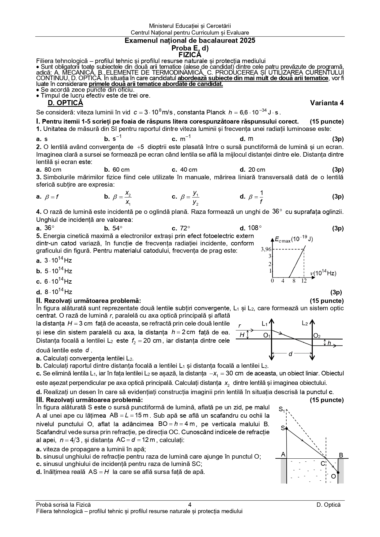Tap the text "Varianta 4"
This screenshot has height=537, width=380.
[x=327, y=103]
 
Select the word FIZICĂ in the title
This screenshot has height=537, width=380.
[x=190, y=55]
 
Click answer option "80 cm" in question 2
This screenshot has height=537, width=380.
[x=53, y=170]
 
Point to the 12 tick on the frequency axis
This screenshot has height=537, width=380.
[x=303, y=281]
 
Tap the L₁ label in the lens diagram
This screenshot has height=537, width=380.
[x=265, y=323]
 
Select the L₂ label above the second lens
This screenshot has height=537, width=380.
[x=305, y=323]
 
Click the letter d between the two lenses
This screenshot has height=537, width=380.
[x=291, y=354]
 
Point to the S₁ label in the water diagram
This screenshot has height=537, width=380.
[x=282, y=410]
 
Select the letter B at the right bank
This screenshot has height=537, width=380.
[x=341, y=455]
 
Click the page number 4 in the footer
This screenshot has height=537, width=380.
[x=190, y=505]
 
